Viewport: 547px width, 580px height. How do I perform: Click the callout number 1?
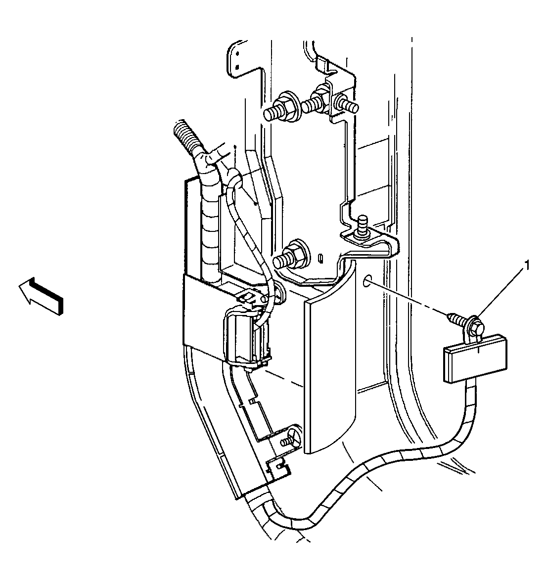coord(527,267)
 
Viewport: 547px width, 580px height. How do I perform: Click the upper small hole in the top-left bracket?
coord(238,51)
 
